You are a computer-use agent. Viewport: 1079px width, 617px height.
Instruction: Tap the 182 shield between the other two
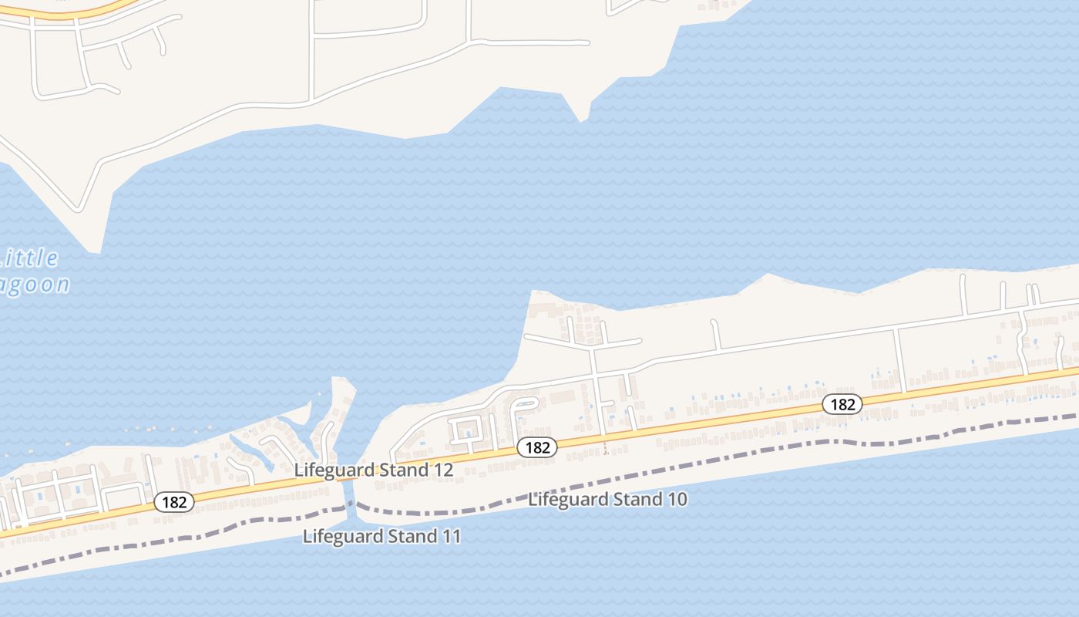pos(536,447)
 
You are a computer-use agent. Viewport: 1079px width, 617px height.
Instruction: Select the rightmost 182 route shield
pos(842,403)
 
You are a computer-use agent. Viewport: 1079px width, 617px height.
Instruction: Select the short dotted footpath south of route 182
pos(606,446)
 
